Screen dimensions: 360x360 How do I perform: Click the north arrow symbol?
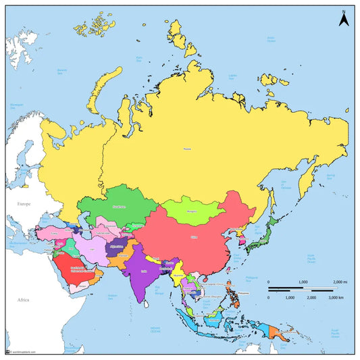click(x=343, y=18)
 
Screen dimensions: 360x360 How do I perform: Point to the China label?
click(x=195, y=237)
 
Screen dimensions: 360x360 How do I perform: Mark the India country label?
click(x=144, y=269)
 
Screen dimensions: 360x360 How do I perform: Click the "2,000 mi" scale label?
click(x=337, y=281)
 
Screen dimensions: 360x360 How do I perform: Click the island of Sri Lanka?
click(x=151, y=305)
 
